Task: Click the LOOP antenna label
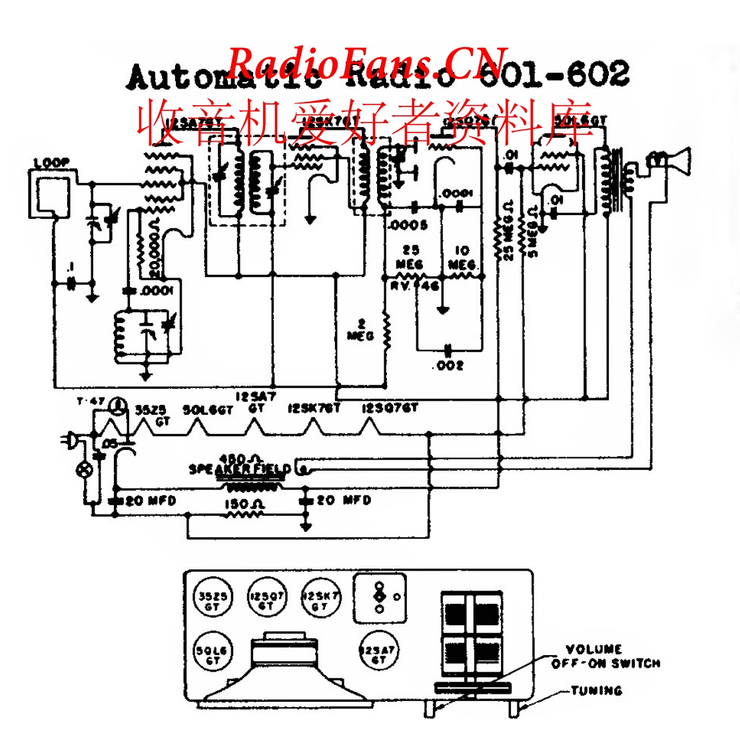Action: pos(51,162)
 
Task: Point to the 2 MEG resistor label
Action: pos(361,330)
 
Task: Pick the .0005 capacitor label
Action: pos(408,226)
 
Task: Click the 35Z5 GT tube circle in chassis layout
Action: pos(212,601)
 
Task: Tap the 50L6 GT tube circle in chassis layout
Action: pos(212,654)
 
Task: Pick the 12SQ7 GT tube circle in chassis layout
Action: pos(266,601)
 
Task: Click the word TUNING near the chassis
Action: pos(596,690)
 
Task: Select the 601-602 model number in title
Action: pos(555,75)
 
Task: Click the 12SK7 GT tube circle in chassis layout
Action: pos(320,601)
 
